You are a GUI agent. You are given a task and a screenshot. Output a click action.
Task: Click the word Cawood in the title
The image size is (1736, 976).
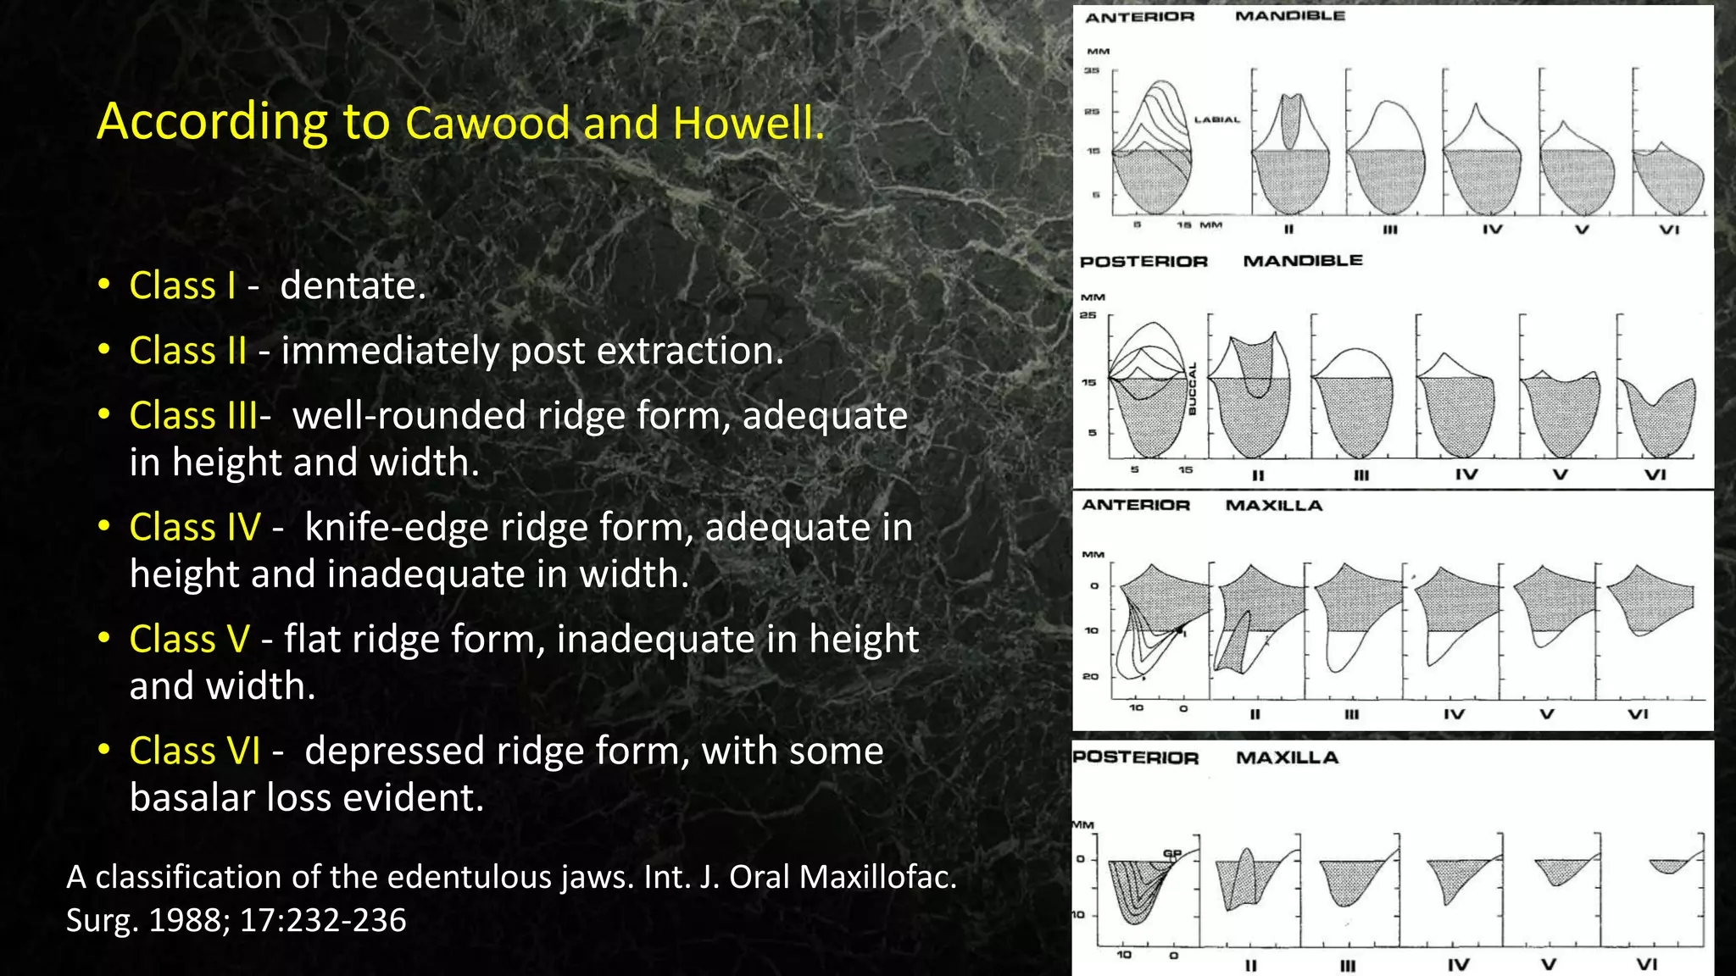coord(487,123)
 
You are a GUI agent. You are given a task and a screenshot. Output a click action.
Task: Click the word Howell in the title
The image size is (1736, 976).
coord(743,123)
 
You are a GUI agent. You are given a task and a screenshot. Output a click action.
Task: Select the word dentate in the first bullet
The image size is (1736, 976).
coord(352,286)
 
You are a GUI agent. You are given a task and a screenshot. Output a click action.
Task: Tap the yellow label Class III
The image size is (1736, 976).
coord(194,415)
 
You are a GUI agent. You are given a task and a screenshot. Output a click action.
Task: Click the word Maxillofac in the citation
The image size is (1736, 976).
coord(877,877)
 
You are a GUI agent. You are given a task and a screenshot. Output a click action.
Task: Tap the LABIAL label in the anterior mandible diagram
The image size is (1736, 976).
coord(1216,120)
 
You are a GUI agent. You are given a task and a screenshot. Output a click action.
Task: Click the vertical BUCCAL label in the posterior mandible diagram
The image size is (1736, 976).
coord(1192,389)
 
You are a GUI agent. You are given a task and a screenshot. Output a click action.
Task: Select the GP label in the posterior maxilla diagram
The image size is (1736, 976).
coord(1171,853)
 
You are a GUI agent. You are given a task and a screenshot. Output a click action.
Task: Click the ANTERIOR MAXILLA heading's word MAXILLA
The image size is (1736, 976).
coord(1273,506)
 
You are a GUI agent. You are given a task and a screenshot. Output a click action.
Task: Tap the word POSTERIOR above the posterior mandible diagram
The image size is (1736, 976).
coord(1143,262)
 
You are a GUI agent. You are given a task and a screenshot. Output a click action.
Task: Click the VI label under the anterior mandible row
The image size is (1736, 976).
coord(1668,230)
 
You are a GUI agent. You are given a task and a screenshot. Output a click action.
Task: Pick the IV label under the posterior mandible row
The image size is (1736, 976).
coord(1466,475)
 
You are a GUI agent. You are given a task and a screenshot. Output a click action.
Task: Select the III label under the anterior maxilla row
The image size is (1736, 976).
coord(1351,714)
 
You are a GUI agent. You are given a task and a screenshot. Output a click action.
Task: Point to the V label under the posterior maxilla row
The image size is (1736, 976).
coord(1548,964)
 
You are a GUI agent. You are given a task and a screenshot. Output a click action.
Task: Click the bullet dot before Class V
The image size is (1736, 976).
coord(103,638)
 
